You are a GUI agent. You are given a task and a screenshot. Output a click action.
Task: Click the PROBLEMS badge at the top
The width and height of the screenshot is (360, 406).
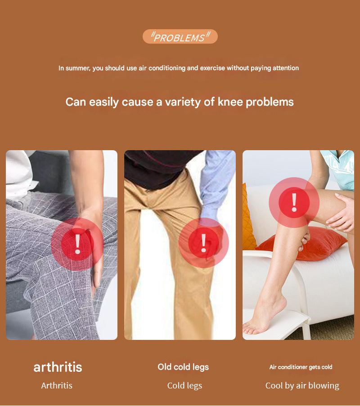180,36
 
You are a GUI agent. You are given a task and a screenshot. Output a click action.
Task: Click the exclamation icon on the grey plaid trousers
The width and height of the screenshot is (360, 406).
77,244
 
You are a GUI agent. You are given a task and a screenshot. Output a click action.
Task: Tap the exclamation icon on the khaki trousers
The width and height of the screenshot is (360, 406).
204,243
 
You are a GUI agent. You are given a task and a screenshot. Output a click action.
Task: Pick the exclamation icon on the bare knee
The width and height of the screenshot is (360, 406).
294,202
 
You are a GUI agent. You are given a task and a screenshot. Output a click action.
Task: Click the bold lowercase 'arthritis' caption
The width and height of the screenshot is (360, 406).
58,367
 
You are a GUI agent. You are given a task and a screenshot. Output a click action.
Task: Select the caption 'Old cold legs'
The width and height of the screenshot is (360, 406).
183,367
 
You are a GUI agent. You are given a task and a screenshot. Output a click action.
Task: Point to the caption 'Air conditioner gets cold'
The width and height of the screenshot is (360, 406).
301,367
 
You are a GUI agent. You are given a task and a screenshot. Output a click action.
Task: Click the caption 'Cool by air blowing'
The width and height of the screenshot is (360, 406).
302,386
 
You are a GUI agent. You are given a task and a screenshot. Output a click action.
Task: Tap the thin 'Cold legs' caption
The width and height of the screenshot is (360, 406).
184,386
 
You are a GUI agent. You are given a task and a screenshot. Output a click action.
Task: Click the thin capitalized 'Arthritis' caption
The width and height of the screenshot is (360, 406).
57,386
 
